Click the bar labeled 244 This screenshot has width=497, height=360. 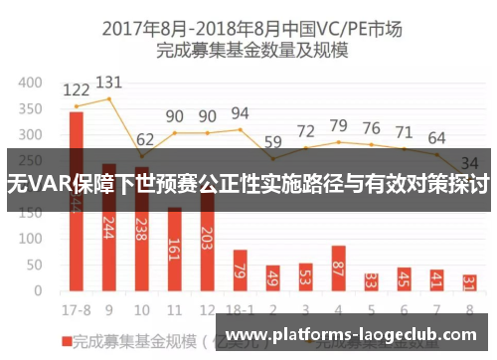tap(109, 239)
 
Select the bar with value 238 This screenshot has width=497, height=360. tap(142, 239)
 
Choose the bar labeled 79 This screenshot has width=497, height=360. tap(240, 270)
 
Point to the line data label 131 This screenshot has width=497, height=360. tap(109, 83)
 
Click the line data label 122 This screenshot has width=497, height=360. tap(77, 90)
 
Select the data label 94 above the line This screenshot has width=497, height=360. tap(240, 113)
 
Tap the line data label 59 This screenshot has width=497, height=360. tap(272, 140)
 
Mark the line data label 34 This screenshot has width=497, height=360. tap(469, 162)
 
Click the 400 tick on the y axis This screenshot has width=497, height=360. tap(31, 83)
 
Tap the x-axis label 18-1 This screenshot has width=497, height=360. tap(240, 308)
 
